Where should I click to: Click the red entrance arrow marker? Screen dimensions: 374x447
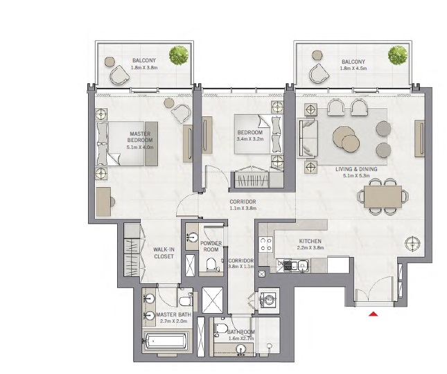click(374, 314)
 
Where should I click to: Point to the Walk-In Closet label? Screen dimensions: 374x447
click(164, 252)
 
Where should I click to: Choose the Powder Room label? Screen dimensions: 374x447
click(211, 246)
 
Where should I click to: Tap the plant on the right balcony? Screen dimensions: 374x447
click(398, 54)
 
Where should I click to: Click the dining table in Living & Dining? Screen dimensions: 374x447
click(382, 195)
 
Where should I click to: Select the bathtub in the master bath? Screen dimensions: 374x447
click(166, 341)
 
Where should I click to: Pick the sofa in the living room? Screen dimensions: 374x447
click(307, 137)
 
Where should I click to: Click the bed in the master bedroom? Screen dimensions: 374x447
click(126, 143)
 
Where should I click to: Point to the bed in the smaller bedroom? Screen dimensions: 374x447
click(256, 132)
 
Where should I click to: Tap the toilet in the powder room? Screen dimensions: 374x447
click(211, 264)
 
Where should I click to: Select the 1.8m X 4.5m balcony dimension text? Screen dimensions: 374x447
click(353, 69)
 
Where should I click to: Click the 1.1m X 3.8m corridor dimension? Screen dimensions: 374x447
click(243, 208)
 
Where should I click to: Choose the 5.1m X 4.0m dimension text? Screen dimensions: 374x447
click(145, 147)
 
